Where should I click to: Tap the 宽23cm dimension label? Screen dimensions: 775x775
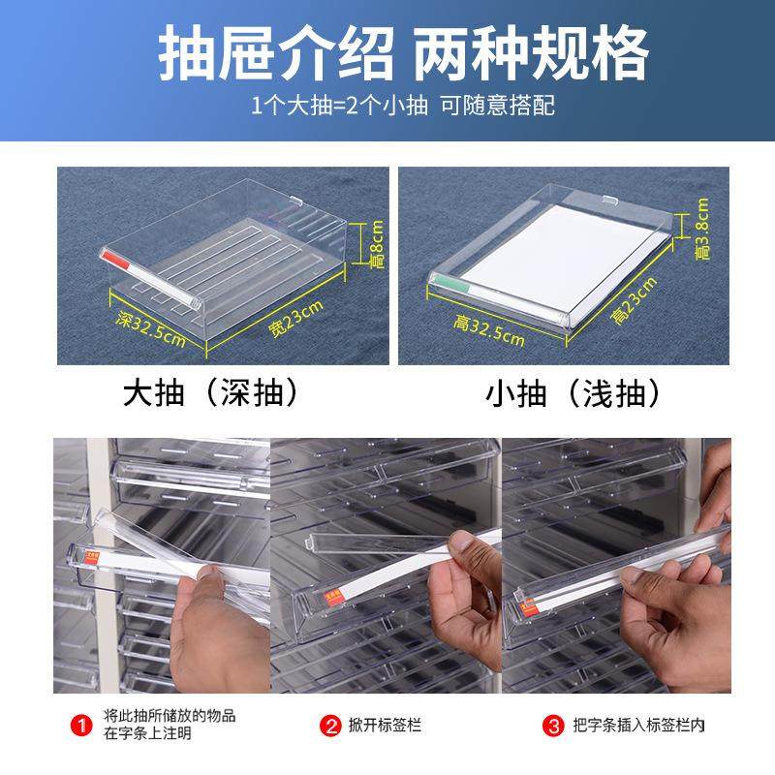[295, 319]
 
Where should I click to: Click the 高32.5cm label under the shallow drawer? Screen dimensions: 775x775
[489, 330]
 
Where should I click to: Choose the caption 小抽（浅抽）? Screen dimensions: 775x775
[573, 393]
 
